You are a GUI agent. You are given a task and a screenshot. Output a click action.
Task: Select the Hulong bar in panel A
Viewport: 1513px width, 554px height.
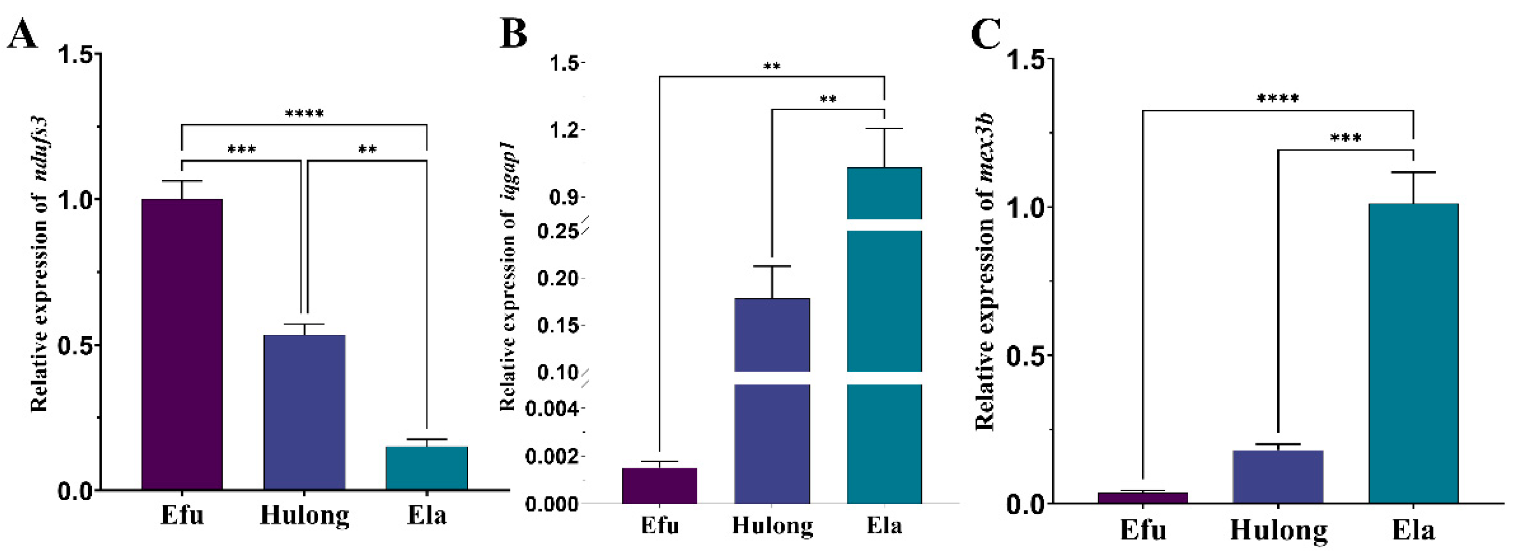coord(304,412)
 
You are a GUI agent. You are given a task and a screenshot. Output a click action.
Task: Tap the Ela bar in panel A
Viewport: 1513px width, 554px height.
coord(427,468)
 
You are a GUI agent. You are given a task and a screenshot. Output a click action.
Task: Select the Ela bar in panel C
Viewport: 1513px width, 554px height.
coord(1413,353)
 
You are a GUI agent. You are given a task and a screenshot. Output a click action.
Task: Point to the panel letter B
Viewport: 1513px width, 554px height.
coord(513,34)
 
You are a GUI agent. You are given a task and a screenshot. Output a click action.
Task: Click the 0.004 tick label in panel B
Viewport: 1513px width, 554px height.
coord(551,408)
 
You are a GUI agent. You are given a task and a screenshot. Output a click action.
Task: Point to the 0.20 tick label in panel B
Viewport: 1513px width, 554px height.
coord(557,278)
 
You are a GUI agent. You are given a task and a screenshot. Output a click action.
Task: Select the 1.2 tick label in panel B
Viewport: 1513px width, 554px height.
coord(563,130)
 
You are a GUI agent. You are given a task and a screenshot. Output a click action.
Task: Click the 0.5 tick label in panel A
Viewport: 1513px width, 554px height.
coord(76,345)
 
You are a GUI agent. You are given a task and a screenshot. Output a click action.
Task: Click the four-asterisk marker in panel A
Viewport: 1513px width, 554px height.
coord(304,113)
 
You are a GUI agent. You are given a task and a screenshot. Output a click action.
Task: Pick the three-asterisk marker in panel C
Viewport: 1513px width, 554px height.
coord(1346,139)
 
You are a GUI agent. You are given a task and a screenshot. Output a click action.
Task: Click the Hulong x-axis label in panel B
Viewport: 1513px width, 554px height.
coord(772,526)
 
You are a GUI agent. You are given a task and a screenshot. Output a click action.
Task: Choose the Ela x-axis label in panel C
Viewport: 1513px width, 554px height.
coord(1413,531)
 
